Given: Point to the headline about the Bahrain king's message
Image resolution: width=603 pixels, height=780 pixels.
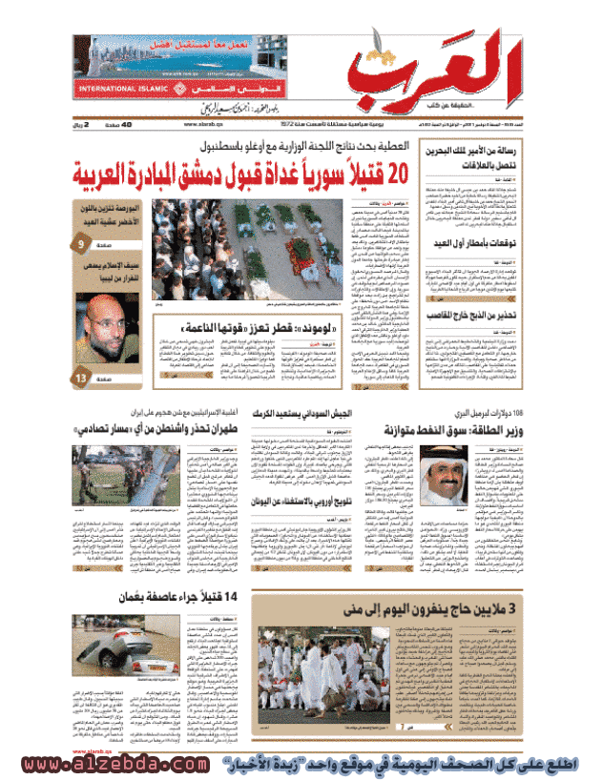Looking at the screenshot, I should pyautogui.click(x=521, y=157).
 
